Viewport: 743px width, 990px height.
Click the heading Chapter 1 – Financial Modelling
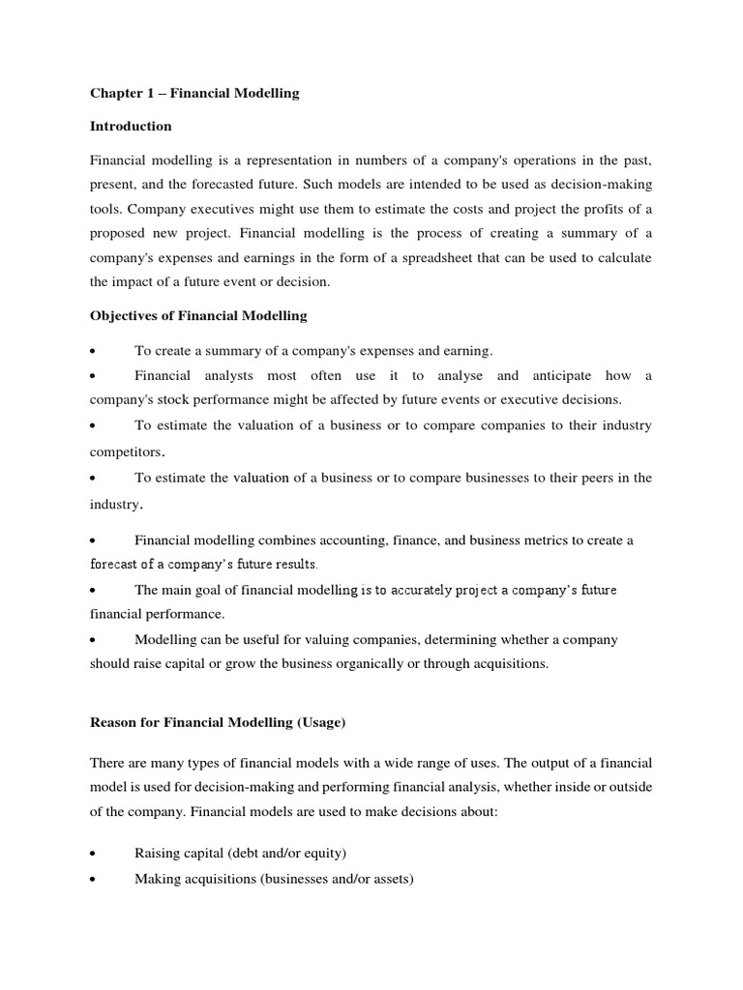tap(194, 94)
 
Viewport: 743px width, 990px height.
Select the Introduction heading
tap(131, 126)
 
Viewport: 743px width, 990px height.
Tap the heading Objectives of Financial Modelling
tap(198, 315)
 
